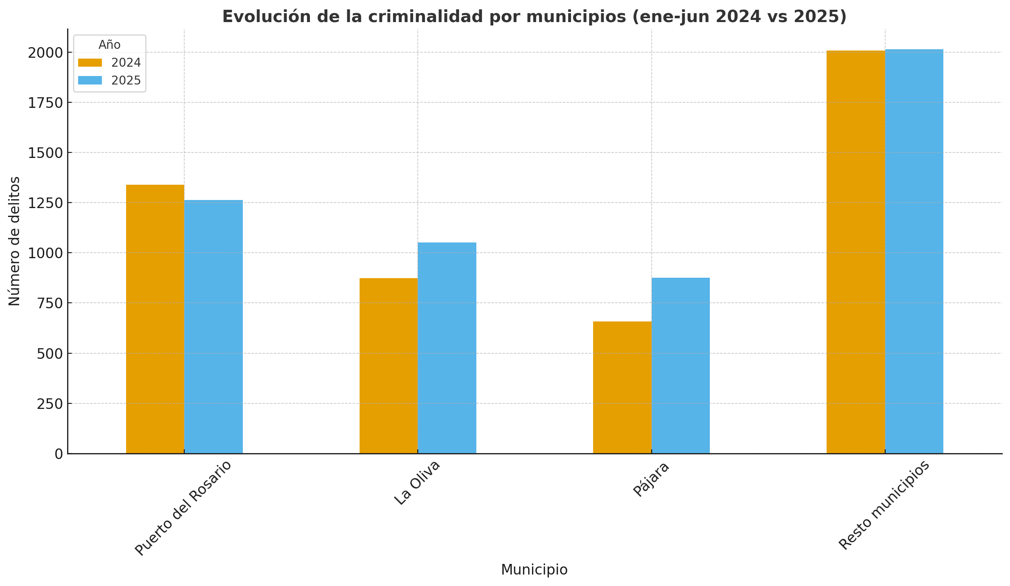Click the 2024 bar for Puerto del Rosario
tap(155, 319)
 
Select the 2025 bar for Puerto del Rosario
tap(214, 327)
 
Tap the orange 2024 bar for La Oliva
tap(388, 366)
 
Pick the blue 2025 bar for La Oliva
tap(447, 348)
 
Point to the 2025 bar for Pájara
tap(681, 366)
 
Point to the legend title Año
tap(110, 45)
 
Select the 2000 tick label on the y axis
tap(45, 53)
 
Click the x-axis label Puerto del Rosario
tap(183, 508)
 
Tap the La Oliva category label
tap(417, 483)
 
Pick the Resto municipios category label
tap(884, 505)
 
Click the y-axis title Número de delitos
tap(14, 241)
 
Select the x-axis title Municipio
tap(534, 570)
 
